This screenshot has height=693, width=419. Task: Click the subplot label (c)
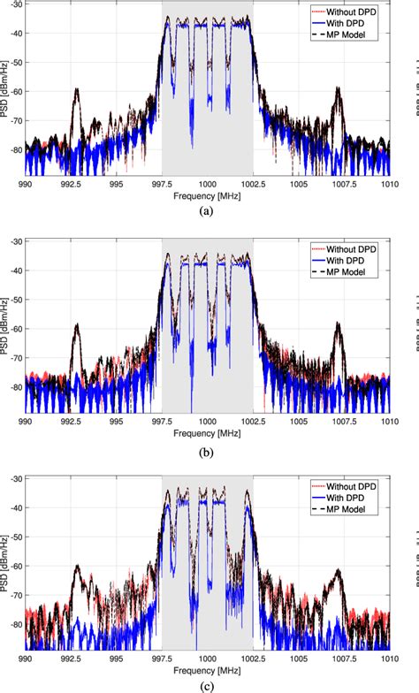[207, 685]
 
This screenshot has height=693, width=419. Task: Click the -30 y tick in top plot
[15, 6]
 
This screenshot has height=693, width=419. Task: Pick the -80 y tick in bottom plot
[15, 623]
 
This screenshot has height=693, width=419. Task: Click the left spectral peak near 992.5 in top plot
[77, 89]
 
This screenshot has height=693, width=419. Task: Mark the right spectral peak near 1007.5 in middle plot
[341, 324]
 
